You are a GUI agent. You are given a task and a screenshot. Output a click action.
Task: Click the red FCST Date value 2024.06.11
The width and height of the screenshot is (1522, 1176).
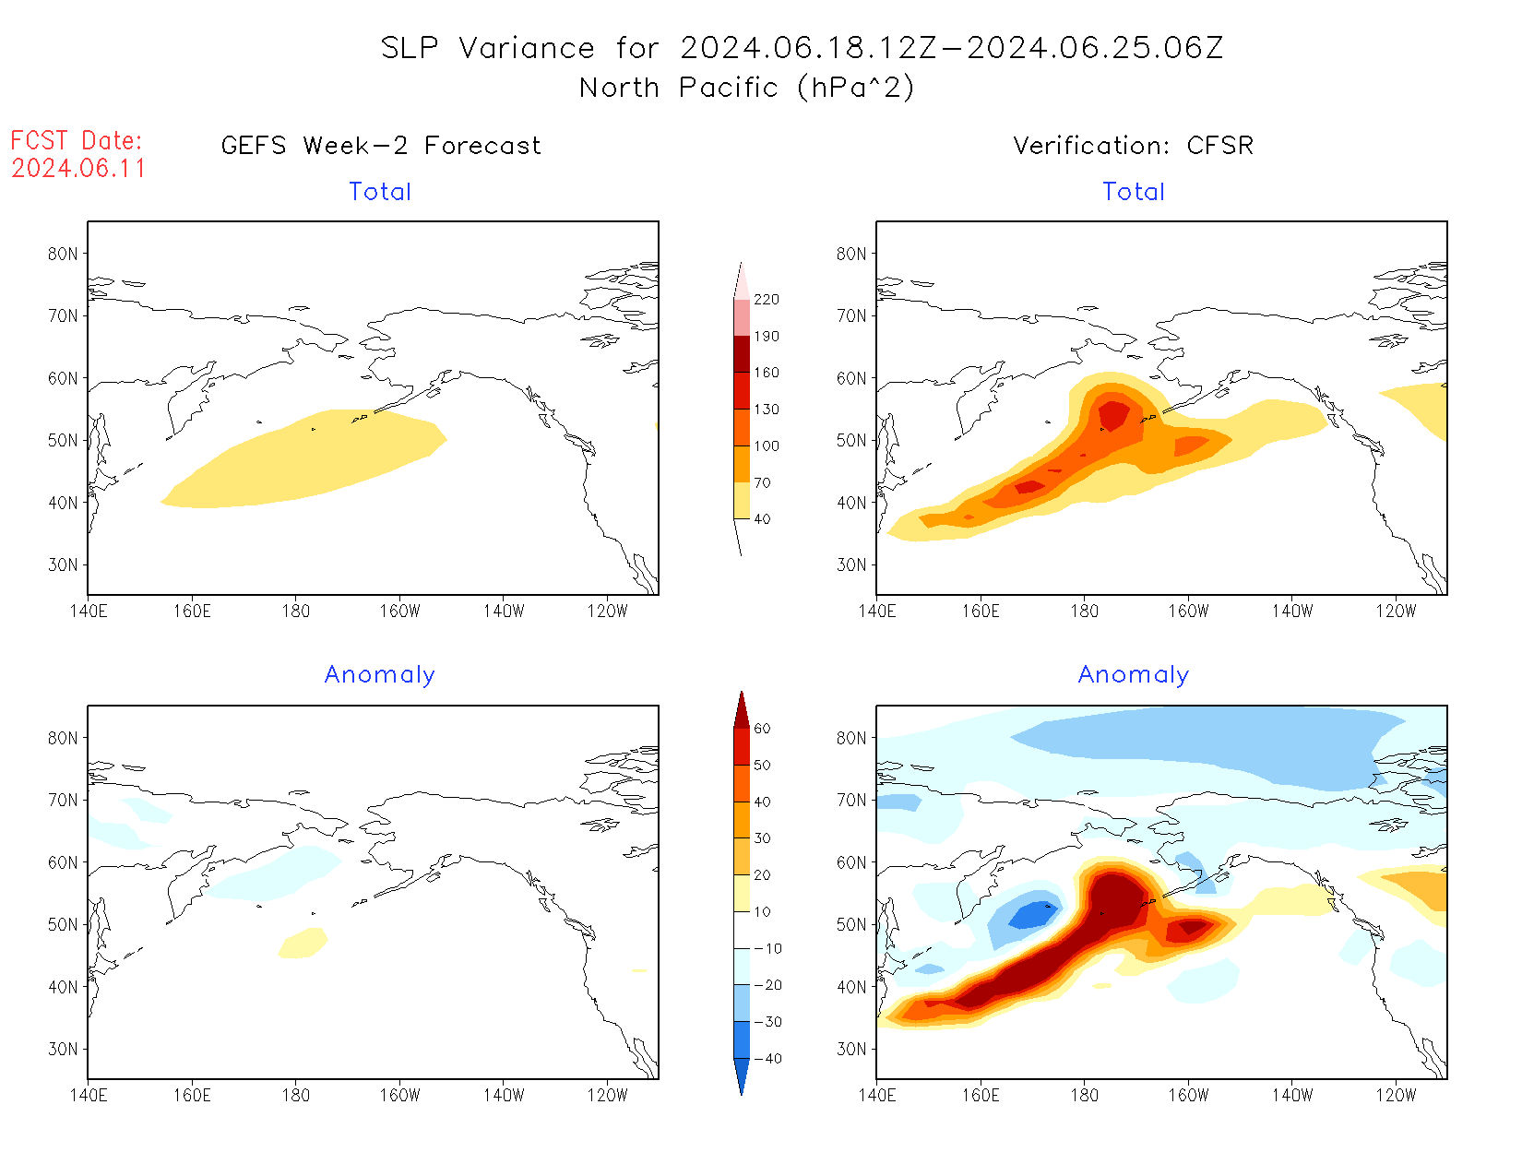78,169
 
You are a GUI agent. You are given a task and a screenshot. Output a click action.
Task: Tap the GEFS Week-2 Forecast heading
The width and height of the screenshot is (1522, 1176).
381,146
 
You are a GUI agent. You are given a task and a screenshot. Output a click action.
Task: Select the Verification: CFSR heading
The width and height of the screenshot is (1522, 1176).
1133,146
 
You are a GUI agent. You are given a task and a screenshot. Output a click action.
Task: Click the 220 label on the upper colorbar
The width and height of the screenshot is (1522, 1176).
766,300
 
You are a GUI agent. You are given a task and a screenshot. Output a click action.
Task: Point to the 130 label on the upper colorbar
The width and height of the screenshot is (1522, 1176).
766,410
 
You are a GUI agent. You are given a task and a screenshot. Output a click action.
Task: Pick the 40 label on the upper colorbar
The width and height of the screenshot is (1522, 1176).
762,519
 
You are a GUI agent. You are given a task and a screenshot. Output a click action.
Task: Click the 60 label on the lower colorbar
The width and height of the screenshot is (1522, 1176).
762,729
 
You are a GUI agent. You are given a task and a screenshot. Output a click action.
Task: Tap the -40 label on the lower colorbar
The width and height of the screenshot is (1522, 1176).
767,1059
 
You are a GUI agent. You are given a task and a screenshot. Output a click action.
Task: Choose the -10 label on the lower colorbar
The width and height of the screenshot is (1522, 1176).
767,949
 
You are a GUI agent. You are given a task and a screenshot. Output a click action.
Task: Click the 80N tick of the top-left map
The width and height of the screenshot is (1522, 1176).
63,255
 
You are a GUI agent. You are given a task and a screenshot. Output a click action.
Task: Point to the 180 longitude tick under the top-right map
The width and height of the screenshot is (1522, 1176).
1084,612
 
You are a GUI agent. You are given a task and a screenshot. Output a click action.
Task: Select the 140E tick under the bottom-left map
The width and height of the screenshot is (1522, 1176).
88,1096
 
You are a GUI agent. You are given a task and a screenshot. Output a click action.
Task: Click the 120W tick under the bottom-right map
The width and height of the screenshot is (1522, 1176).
1396,1096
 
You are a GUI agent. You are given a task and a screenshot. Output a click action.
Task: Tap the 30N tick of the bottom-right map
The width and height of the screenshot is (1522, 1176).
851,1050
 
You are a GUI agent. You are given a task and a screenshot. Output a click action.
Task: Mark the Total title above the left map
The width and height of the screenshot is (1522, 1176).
380,192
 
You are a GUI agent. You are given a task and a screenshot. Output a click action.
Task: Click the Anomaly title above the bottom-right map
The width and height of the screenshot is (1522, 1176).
1133,675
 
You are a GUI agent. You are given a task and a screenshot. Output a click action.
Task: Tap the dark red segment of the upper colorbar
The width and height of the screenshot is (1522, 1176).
742,354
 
